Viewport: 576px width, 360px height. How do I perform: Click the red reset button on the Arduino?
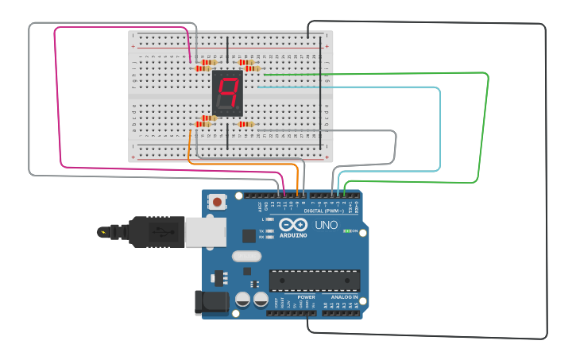(x=217, y=203)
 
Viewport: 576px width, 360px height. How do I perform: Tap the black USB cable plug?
(x=155, y=232)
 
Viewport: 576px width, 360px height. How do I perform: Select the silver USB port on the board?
(x=203, y=232)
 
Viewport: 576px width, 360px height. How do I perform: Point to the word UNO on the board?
(x=327, y=225)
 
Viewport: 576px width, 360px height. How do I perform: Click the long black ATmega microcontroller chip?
(x=315, y=280)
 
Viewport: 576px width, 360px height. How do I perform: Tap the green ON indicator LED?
(x=346, y=230)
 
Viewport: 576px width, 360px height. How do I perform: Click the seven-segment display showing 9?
(x=227, y=93)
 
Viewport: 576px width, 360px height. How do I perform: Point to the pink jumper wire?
(x=57, y=95)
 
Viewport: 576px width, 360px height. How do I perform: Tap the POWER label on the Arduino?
(x=306, y=297)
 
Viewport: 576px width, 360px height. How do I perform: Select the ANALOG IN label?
(x=345, y=297)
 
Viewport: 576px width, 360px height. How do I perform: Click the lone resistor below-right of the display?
(x=246, y=124)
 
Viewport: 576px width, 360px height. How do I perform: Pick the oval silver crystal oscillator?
(x=247, y=256)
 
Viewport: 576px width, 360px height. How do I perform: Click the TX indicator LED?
(x=270, y=230)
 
